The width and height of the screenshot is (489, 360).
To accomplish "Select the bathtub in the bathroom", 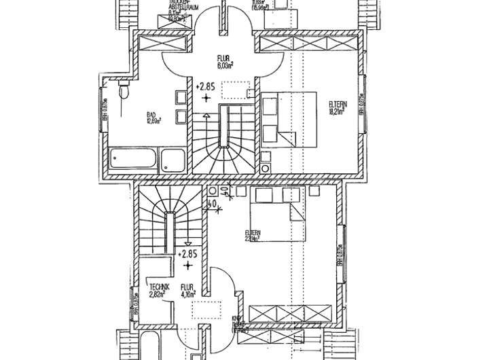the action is [x=133, y=160].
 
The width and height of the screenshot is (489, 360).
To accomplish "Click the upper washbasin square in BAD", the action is [x=181, y=96].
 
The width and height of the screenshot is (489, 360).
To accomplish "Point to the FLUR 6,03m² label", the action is [x=225, y=63].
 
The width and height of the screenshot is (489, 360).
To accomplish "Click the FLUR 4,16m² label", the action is [x=189, y=292].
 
